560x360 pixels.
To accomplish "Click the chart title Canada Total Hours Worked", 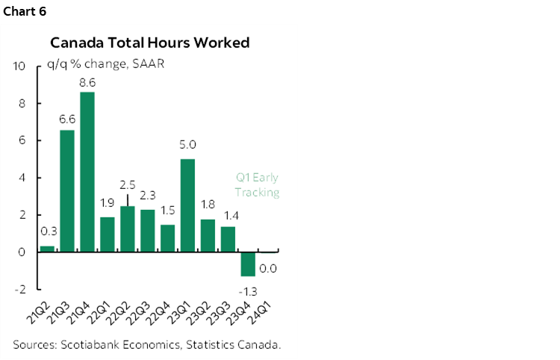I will click(x=149, y=43).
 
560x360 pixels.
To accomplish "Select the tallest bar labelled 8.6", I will click(x=87, y=172).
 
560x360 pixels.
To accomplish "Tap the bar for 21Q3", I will click(x=67, y=191).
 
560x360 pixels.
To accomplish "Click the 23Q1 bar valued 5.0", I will click(x=188, y=205).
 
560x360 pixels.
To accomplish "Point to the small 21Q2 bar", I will click(x=47, y=249).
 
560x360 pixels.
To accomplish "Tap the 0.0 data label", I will click(x=269, y=268).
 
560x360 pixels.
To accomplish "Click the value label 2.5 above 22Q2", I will click(x=127, y=184).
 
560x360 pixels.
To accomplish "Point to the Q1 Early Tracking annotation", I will click(x=256, y=185).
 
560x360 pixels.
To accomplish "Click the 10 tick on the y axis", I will click(x=20, y=66).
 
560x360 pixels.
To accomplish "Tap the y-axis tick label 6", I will click(x=22, y=140).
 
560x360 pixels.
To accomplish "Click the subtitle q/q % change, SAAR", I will click(x=105, y=63).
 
